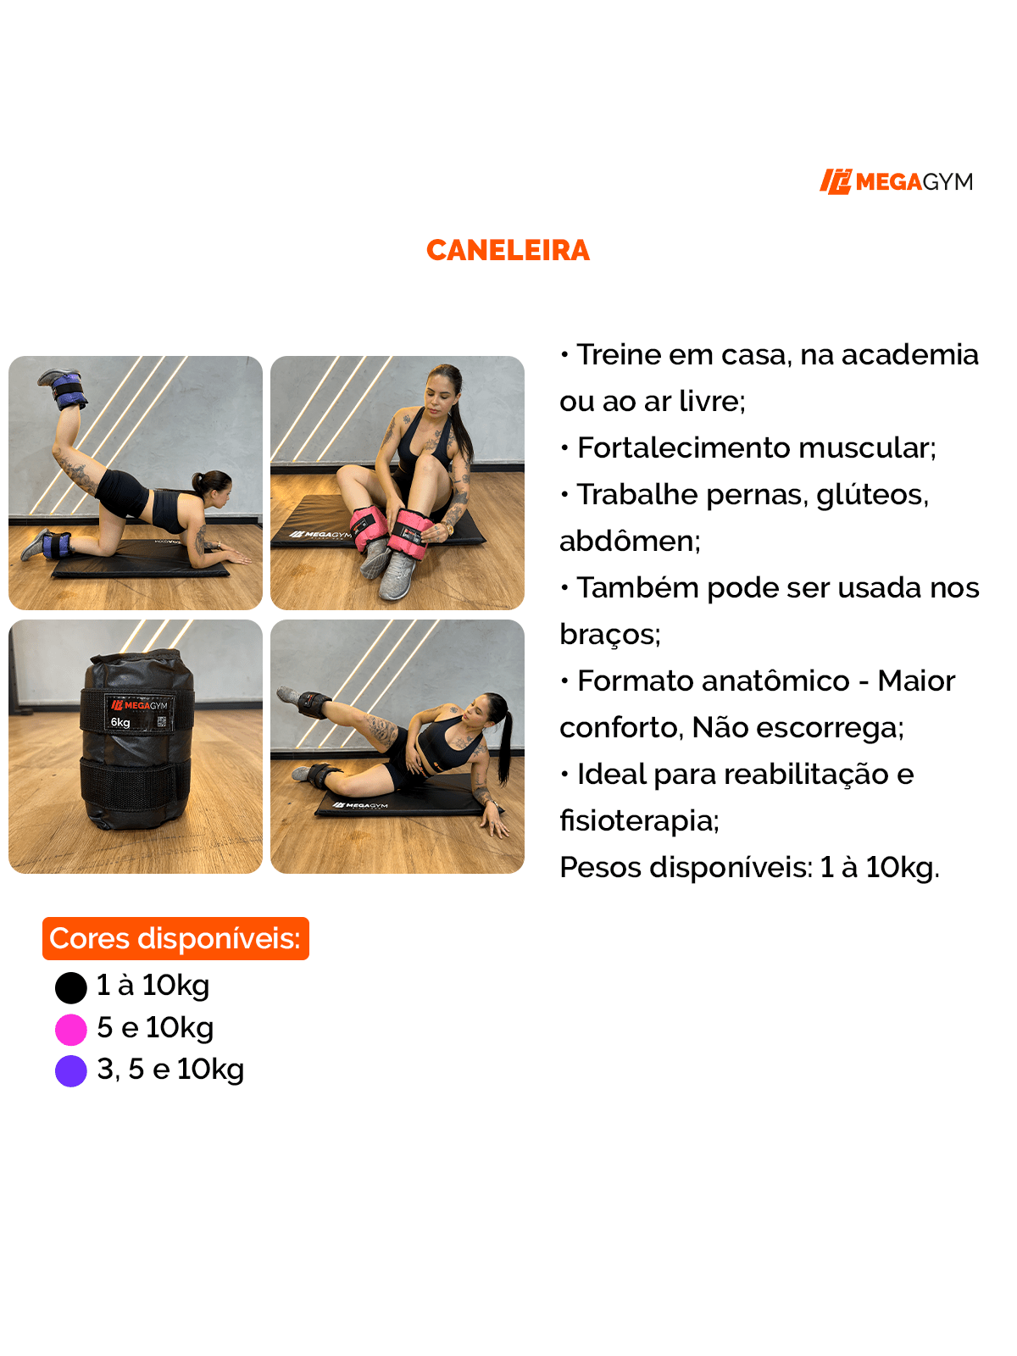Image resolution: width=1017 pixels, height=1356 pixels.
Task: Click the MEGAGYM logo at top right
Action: coord(896,181)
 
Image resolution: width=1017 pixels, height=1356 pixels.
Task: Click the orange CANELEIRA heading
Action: coord(508,251)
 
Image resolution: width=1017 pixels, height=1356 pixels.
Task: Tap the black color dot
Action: coord(71,987)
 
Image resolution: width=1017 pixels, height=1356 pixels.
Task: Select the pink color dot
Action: coord(71,1030)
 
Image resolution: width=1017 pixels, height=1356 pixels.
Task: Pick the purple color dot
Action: coord(71,1071)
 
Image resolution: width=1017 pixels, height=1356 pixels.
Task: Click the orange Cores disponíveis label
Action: coord(175,939)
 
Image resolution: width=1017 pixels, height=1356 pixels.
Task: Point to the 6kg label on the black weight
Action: coord(120,723)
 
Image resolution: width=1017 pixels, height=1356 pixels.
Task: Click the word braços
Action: coord(608,634)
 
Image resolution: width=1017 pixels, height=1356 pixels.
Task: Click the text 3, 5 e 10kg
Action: coord(170,1070)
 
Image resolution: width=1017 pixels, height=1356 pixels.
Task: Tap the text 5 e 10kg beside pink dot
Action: coord(155,1028)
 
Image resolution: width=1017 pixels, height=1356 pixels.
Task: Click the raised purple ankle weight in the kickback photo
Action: coord(68,392)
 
